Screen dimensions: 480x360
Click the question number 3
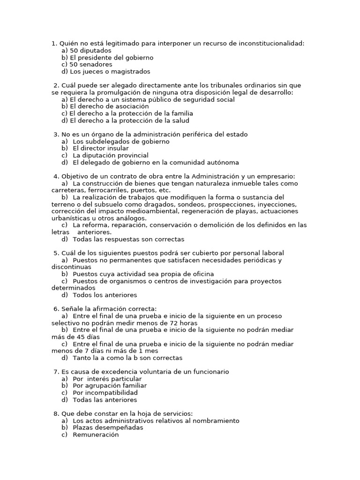click(x=56, y=135)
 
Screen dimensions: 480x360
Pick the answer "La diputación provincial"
click(x=111, y=155)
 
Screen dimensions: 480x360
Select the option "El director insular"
click(x=100, y=148)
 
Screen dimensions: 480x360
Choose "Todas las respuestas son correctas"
click(x=128, y=239)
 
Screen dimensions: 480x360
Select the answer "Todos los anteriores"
click(x=105, y=295)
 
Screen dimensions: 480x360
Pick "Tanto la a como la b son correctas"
click(x=127, y=358)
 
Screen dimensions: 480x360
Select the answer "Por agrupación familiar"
click(x=110, y=386)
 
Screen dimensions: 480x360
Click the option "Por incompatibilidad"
click(x=105, y=393)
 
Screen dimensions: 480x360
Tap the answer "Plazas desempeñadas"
click(x=108, y=427)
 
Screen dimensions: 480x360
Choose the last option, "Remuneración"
click(x=96, y=435)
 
